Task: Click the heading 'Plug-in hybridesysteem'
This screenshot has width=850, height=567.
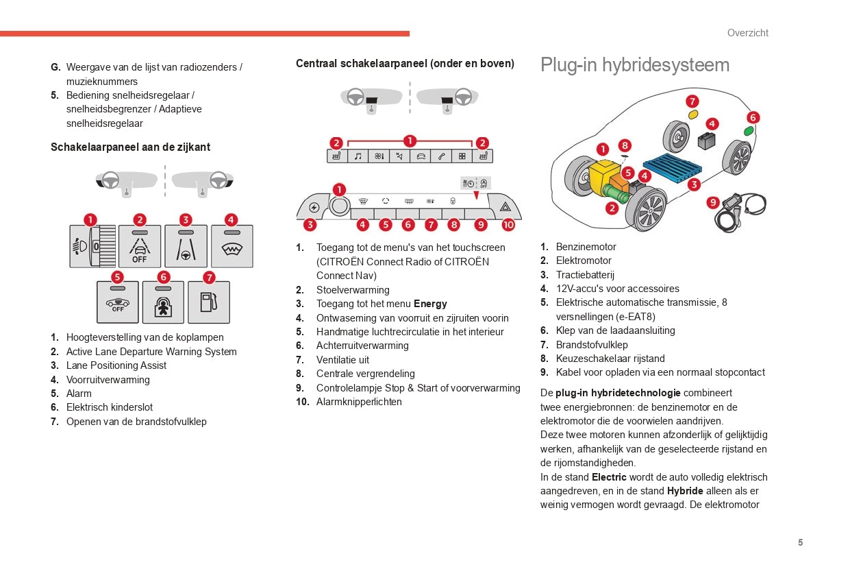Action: (634, 65)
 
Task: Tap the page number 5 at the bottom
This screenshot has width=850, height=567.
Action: (800, 542)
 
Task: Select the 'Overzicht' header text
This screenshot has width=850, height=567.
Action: (747, 33)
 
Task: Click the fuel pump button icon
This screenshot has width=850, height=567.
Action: (209, 302)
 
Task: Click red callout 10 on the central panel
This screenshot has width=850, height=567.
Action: (508, 224)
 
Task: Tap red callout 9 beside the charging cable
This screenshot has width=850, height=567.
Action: (712, 202)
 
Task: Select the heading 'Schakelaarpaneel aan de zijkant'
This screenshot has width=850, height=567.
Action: (130, 147)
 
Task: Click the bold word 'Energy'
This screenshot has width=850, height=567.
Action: (430, 304)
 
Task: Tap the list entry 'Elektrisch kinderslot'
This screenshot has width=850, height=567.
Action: (110, 407)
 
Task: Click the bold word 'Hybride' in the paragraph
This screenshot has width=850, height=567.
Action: (685, 491)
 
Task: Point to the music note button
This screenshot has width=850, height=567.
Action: (358, 156)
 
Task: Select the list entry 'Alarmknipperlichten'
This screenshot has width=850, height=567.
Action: (359, 402)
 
